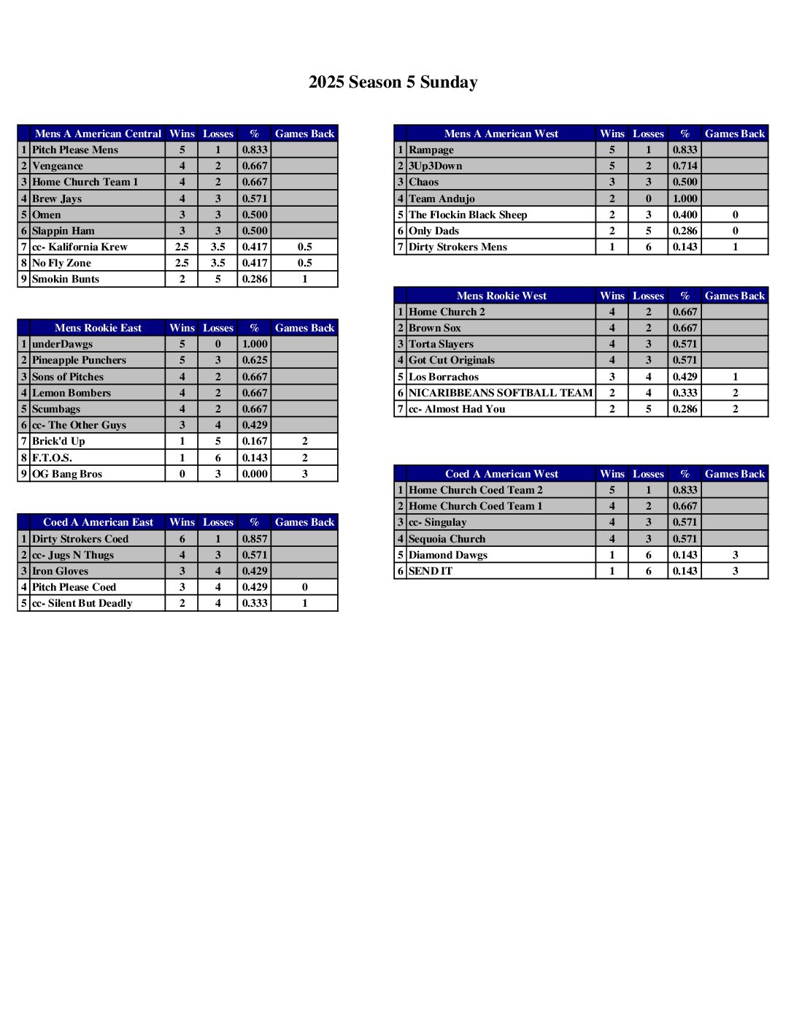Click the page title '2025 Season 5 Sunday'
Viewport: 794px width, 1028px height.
tap(393, 83)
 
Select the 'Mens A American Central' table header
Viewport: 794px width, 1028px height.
tap(98, 134)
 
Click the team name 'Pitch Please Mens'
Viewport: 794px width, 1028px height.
tap(75, 150)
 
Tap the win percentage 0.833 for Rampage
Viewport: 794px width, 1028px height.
tap(685, 150)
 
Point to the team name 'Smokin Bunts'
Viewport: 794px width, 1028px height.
tap(66, 279)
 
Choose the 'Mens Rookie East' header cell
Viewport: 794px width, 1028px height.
tap(98, 328)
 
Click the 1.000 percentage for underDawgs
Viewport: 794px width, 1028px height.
tap(255, 344)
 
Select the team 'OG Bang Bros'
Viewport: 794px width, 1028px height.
tap(67, 474)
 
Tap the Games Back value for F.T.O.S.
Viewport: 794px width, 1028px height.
tap(304, 458)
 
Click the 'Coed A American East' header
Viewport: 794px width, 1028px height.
tap(98, 522)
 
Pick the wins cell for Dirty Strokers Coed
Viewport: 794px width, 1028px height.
tap(182, 539)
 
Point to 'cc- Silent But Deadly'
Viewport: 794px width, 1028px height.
tap(82, 603)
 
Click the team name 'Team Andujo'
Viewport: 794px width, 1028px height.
tap(442, 199)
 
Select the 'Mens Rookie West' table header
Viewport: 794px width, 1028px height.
tap(501, 296)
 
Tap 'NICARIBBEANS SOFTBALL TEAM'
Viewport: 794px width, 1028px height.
tap(501, 393)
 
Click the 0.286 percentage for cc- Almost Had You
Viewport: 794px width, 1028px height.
tap(685, 409)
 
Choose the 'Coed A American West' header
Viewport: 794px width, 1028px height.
tap(501, 474)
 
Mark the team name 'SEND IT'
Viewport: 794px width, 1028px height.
tap(431, 571)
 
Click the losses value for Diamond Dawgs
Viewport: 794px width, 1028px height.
tap(648, 555)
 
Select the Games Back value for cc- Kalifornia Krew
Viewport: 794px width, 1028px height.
tap(304, 247)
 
